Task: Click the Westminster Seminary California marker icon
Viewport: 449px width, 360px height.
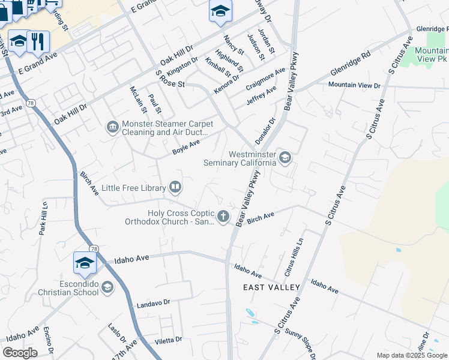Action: click(x=285, y=158)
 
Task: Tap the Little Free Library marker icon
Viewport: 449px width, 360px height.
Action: click(x=175, y=188)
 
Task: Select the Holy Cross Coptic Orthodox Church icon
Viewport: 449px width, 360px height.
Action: click(x=223, y=216)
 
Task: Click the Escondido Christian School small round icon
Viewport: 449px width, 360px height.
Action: click(x=107, y=287)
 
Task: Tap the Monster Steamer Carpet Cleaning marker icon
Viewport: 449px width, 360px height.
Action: click(x=112, y=127)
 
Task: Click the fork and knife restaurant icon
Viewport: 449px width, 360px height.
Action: click(x=38, y=41)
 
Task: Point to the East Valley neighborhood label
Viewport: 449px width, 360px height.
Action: click(x=271, y=288)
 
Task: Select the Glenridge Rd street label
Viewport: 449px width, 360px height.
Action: click(x=350, y=63)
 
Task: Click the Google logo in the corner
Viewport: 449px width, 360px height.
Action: click(x=20, y=353)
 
